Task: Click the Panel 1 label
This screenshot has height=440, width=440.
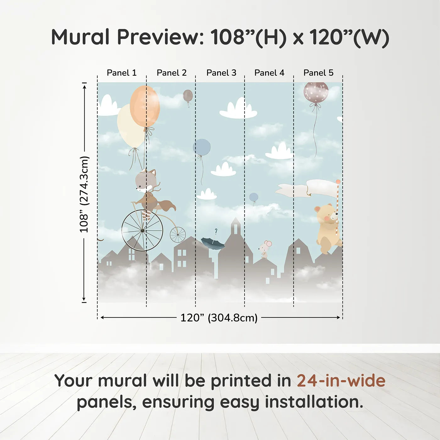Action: click(122, 73)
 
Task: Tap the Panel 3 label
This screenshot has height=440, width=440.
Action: click(221, 73)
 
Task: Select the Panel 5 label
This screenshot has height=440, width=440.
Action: click(318, 73)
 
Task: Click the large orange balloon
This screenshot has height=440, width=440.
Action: click(145, 106)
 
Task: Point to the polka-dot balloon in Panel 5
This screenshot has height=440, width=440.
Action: click(316, 92)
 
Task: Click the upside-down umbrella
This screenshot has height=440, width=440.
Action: click(213, 243)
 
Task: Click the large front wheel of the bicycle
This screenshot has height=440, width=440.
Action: click(142, 230)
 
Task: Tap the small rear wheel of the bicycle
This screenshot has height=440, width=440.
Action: click(178, 234)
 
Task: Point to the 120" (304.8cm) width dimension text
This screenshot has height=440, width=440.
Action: click(219, 318)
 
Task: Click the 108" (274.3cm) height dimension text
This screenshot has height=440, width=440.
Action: click(84, 194)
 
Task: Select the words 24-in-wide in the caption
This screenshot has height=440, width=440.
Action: click(341, 381)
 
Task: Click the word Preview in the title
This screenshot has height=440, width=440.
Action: click(160, 37)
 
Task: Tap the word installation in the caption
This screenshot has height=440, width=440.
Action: click(314, 402)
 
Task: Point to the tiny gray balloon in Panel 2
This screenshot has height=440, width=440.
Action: click(188, 96)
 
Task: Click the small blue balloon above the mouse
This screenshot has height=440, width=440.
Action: click(254, 197)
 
